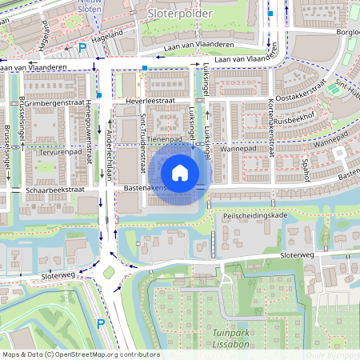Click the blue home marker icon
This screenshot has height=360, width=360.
[180, 172]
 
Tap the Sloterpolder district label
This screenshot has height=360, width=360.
[180, 14]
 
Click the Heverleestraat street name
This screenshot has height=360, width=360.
[150, 102]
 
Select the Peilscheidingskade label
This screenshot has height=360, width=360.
[255, 216]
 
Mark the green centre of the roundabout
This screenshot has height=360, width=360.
[109, 273]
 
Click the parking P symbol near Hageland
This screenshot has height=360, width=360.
[82, 48]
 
